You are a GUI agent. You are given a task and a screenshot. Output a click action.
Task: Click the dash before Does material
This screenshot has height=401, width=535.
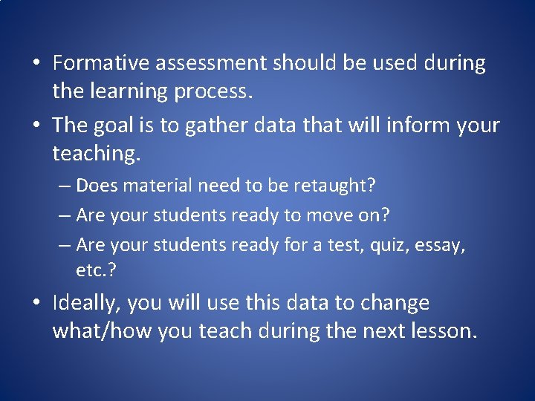(64, 185)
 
